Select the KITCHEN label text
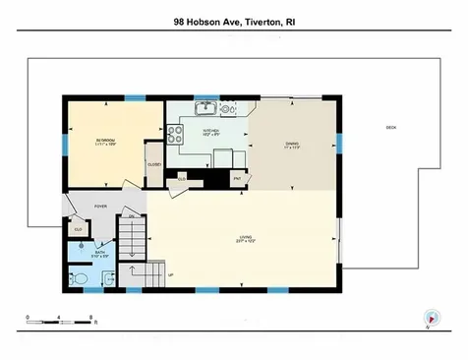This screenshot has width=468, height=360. [210, 131]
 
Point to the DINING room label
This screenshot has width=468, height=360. [292, 145]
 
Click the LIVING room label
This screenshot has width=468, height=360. [245, 237]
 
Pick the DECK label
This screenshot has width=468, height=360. [390, 128]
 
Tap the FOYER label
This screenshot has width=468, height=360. [99, 207]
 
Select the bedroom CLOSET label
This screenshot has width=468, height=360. [154, 164]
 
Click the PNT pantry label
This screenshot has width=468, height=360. [237, 178]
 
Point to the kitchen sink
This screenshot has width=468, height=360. [206, 107]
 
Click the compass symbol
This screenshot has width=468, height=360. [429, 320]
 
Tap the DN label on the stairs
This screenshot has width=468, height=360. [130, 216]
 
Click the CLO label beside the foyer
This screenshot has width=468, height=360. [78, 229]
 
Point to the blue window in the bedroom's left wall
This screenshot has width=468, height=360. [66, 141]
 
